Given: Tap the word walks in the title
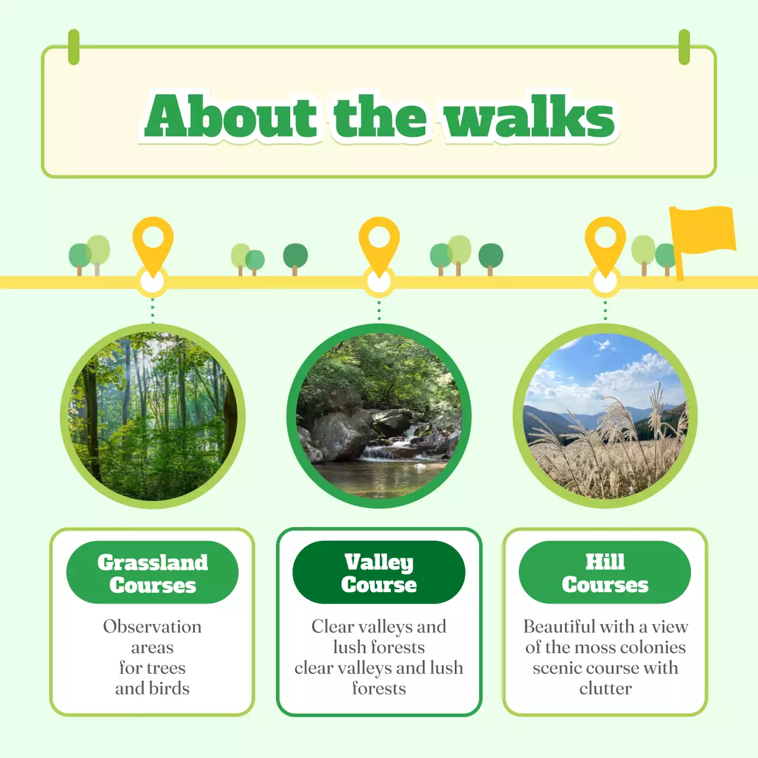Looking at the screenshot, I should pos(530,116).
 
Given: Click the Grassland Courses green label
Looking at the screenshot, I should pos(153,573).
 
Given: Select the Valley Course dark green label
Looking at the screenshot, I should pos(379,573).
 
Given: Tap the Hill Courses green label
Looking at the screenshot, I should pos(605,573).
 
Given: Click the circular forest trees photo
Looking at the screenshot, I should pos(153,416).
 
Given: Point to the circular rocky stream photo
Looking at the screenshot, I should pos(379,416).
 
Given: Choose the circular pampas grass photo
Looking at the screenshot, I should pos(605,416).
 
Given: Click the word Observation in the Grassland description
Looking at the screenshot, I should pos(152,627).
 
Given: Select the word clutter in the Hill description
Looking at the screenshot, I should pos(605,689).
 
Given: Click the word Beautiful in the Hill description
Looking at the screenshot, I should pos(559,627).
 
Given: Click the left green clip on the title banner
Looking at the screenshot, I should pos(73,47).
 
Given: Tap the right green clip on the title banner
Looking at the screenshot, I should pos(684,47).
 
